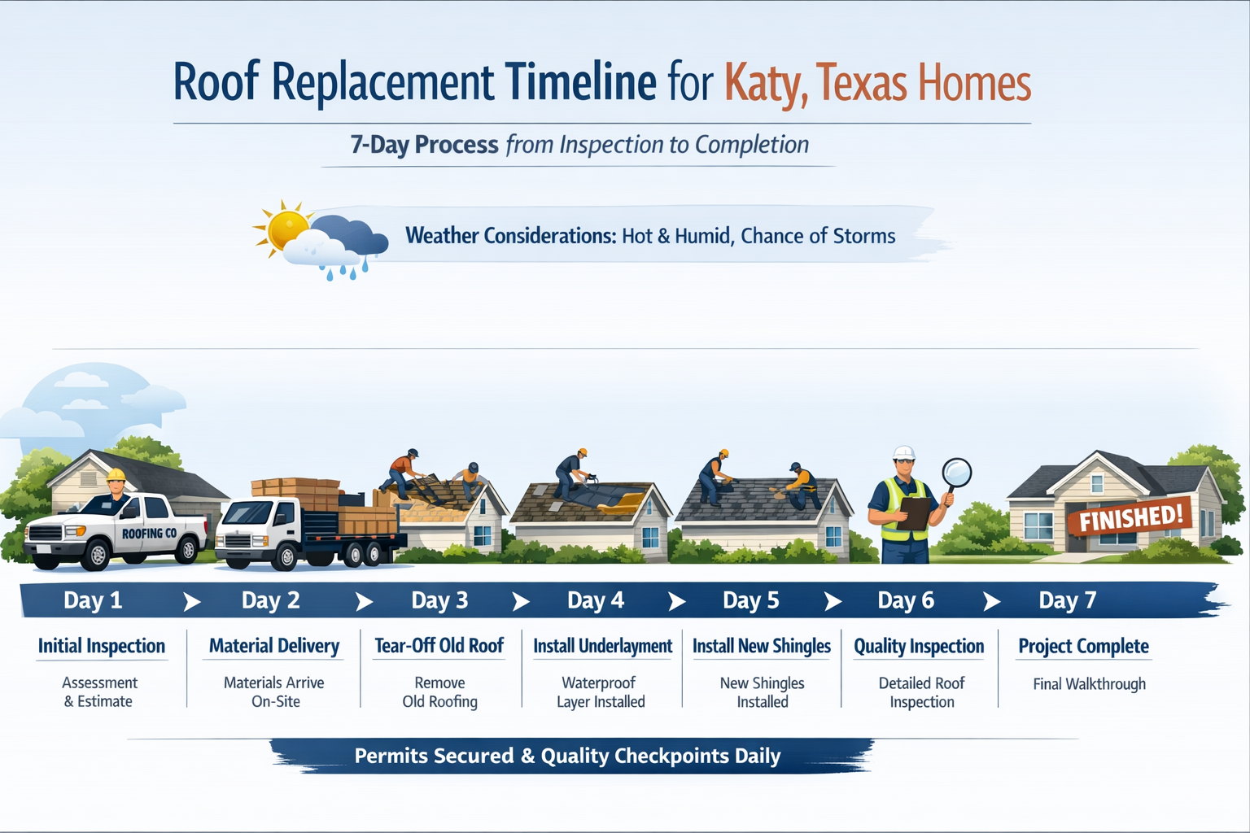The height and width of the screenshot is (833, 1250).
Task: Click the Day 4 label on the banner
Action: click(595, 601)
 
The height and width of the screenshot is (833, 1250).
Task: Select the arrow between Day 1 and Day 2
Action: click(191, 602)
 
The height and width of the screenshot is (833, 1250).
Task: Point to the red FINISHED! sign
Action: click(1130, 517)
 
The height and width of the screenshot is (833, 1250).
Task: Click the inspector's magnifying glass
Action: click(956, 473)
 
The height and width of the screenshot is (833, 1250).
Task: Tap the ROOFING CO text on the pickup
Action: click(149, 534)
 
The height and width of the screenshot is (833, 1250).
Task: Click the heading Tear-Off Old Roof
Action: click(439, 646)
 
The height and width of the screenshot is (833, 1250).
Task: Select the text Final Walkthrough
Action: click(1089, 684)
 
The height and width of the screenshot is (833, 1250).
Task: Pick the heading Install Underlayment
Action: click(602, 646)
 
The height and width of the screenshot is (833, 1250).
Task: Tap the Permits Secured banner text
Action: click(567, 757)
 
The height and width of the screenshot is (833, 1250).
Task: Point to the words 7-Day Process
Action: click(424, 145)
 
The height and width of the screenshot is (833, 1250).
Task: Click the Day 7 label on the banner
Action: click(1067, 601)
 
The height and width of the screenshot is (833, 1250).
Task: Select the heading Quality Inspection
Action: click(919, 647)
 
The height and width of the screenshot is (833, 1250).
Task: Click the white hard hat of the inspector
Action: click(904, 453)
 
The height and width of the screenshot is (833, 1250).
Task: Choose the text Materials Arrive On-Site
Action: click(274, 692)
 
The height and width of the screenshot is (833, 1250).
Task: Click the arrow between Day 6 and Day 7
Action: click(991, 602)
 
